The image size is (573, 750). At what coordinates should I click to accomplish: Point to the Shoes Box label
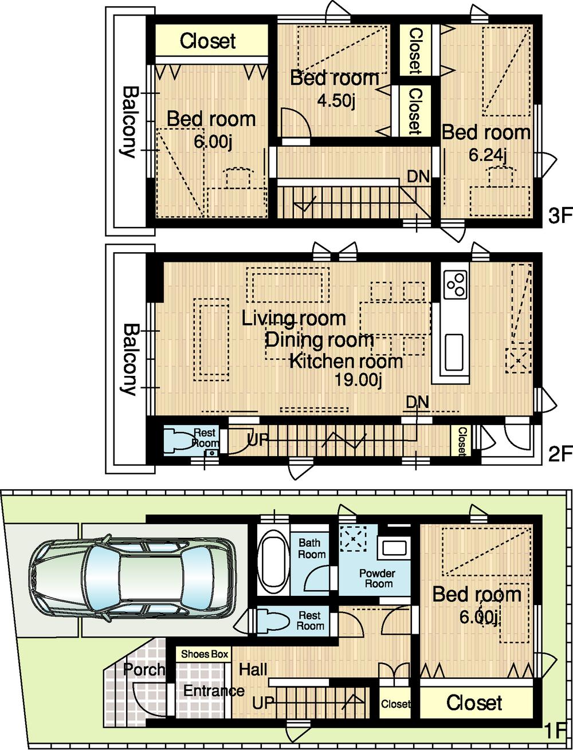pyautogui.click(x=205, y=654)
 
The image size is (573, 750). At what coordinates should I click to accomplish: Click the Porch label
pyautogui.click(x=144, y=669)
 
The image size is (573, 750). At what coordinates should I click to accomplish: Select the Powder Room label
pyautogui.click(x=377, y=579)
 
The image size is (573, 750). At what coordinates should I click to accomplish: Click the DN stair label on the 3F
pyautogui.click(x=418, y=176)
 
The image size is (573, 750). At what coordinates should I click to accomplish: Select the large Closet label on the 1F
pyautogui.click(x=474, y=702)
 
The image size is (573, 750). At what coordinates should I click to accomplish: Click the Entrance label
pyautogui.click(x=214, y=691)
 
